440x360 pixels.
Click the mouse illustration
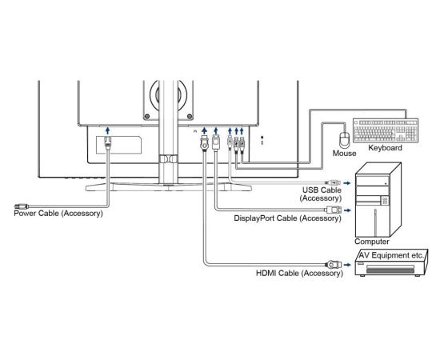(x=345, y=139)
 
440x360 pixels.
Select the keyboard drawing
(x=386, y=130)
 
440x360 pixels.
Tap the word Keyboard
(x=385, y=148)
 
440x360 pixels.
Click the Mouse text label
(x=344, y=154)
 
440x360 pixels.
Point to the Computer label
(x=372, y=242)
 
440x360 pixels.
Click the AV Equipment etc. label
(x=391, y=255)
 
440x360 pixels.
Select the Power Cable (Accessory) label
(x=58, y=214)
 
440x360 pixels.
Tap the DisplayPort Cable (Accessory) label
(x=288, y=218)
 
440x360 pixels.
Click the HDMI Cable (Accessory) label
(x=299, y=273)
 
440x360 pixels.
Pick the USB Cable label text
(x=322, y=190)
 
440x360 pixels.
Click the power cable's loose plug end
(x=22, y=206)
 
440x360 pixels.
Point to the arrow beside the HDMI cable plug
(x=347, y=265)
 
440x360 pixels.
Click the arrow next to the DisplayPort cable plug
(x=347, y=210)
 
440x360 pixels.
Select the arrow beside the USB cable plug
(x=347, y=183)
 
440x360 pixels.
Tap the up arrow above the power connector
(x=108, y=130)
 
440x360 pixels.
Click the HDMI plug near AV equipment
(x=333, y=264)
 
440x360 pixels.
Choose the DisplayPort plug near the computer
(x=334, y=210)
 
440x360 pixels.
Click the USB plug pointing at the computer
(x=333, y=183)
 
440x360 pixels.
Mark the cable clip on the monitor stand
(x=168, y=159)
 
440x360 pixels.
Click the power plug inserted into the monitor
(x=108, y=142)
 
